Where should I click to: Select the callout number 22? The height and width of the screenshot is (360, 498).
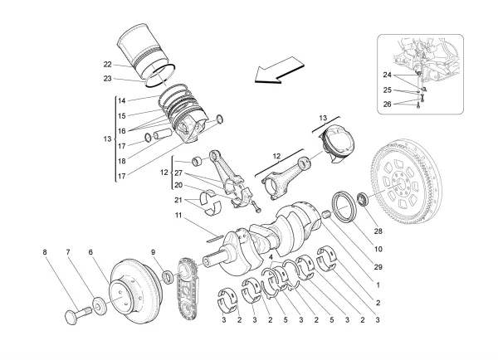108,65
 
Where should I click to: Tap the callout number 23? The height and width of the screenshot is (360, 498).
108,79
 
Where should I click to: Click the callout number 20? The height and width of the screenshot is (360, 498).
178,185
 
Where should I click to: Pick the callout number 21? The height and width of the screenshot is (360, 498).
178,201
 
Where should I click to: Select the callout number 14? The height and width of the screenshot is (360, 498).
121,100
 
